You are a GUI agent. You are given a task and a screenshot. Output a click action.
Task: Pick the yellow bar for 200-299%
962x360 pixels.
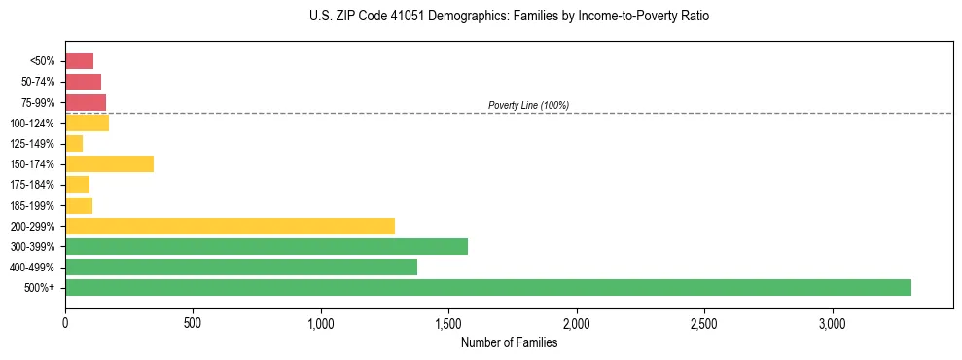tap(230, 226)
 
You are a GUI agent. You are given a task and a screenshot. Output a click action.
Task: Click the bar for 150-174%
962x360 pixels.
tap(109, 163)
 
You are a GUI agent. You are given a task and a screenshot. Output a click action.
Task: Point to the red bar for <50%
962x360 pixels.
tap(79, 60)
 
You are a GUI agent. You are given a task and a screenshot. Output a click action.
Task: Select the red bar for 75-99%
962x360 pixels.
tap(86, 102)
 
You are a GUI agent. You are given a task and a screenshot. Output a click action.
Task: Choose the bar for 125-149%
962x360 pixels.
tap(74, 143)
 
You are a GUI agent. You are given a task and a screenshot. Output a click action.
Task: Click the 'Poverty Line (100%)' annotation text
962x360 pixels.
tap(528, 105)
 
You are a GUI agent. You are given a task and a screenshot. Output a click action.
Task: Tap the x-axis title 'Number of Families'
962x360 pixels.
tap(509, 342)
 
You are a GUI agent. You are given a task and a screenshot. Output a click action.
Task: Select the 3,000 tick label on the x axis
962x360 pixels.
tap(832, 322)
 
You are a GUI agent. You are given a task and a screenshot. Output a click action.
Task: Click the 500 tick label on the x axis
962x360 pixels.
tap(193, 322)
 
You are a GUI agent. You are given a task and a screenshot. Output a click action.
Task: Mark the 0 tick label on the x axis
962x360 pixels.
tap(65, 322)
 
